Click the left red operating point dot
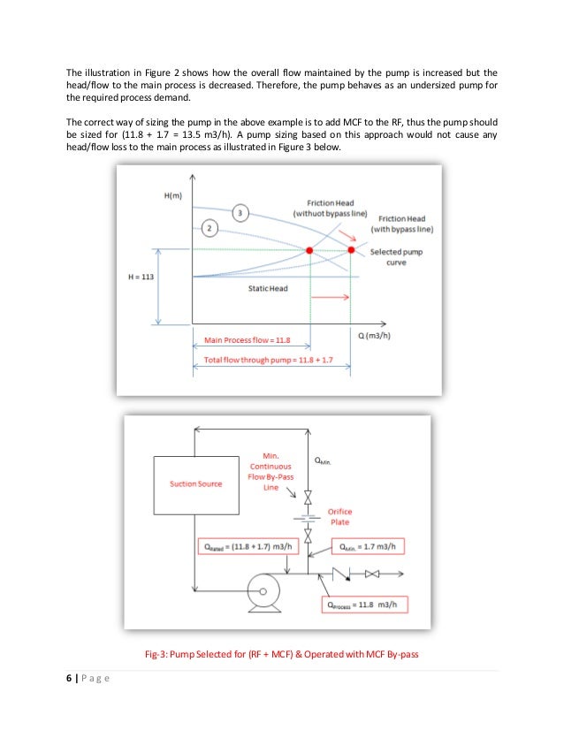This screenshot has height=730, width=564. [x=310, y=251]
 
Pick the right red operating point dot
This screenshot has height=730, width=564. [x=351, y=251]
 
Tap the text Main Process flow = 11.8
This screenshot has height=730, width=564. [x=242, y=339]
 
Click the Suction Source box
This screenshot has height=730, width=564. [x=196, y=483]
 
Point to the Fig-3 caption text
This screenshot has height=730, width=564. [x=281, y=654]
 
